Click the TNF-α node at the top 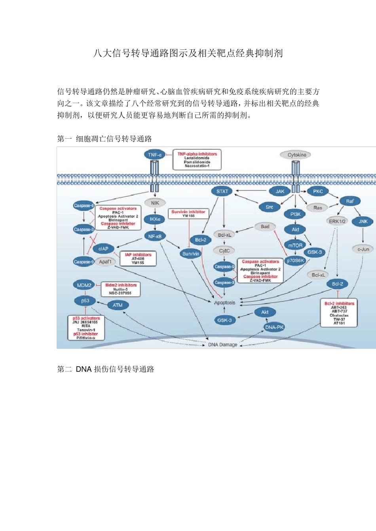click(154, 155)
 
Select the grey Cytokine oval click(296, 155)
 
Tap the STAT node click(222, 191)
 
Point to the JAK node click(280, 191)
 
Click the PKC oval click(318, 191)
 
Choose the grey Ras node click(317, 207)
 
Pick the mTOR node click(295, 245)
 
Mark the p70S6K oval click(295, 261)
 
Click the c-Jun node click(363, 249)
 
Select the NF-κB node click(155, 236)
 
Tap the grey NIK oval click(155, 203)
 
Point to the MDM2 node click(84, 285)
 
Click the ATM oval click(118, 305)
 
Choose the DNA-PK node click(274, 327)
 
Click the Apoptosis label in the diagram click(224, 303)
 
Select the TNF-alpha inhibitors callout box click(197, 160)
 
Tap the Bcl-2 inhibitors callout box click(339, 313)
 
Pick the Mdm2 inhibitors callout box click(121, 289)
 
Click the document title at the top click(188, 53)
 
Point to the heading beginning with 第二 click(106, 369)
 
